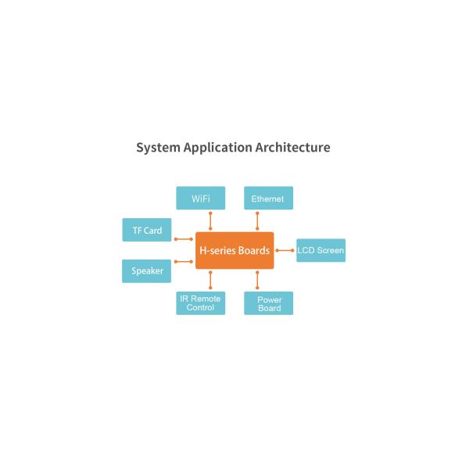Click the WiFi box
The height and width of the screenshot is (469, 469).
201,199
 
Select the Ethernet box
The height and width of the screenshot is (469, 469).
268,199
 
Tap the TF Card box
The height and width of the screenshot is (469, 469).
147,230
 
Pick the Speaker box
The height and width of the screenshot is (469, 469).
147,271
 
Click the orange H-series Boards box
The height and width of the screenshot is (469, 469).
234,251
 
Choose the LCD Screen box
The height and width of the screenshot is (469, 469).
320,251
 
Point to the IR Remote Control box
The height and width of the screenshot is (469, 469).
201,303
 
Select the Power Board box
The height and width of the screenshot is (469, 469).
269,303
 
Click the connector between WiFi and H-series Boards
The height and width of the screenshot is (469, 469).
210,220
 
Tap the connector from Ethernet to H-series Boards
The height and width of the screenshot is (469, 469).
257,220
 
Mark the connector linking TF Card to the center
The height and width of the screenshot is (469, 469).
184,239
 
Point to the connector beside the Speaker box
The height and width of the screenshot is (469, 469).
184,262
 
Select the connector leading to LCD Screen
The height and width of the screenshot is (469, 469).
285,251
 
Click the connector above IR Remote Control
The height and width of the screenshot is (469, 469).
210,280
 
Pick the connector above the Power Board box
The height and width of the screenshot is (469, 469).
257,280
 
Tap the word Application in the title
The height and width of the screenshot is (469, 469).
218,148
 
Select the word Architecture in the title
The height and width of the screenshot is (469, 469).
293,148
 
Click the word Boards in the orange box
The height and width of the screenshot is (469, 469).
253,251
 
